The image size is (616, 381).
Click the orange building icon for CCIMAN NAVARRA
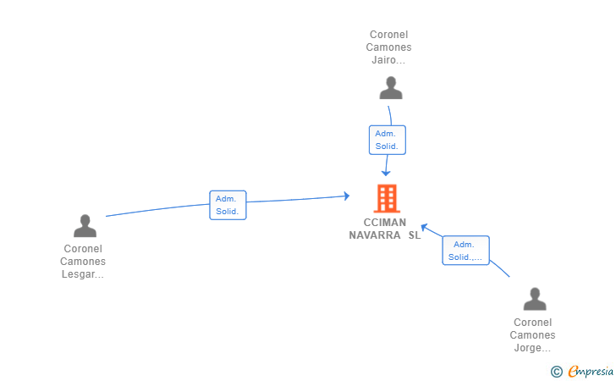click(x=388, y=198)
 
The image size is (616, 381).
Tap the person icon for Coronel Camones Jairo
click(x=390, y=88)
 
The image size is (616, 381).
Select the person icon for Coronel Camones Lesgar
click(x=85, y=226)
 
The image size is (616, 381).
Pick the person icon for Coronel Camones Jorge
click(x=535, y=300)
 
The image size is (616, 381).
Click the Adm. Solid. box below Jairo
click(x=388, y=140)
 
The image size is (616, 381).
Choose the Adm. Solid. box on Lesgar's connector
click(x=228, y=205)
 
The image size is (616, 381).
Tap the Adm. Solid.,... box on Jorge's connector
click(x=465, y=251)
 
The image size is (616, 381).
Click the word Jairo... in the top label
click(x=389, y=60)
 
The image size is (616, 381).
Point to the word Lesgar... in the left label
click(x=83, y=274)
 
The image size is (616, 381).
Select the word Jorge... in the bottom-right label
click(x=532, y=348)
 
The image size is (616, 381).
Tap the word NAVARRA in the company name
click(x=375, y=235)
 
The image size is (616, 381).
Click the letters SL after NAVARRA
click(x=414, y=235)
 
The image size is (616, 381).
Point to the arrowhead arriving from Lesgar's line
click(x=346, y=196)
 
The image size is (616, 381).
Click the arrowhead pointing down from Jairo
click(x=386, y=173)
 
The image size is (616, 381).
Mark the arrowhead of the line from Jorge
click(x=424, y=226)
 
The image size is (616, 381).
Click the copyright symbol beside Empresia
click(x=556, y=371)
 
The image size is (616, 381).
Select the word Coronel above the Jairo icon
click(x=389, y=35)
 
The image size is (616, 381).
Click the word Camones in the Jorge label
click(x=532, y=335)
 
